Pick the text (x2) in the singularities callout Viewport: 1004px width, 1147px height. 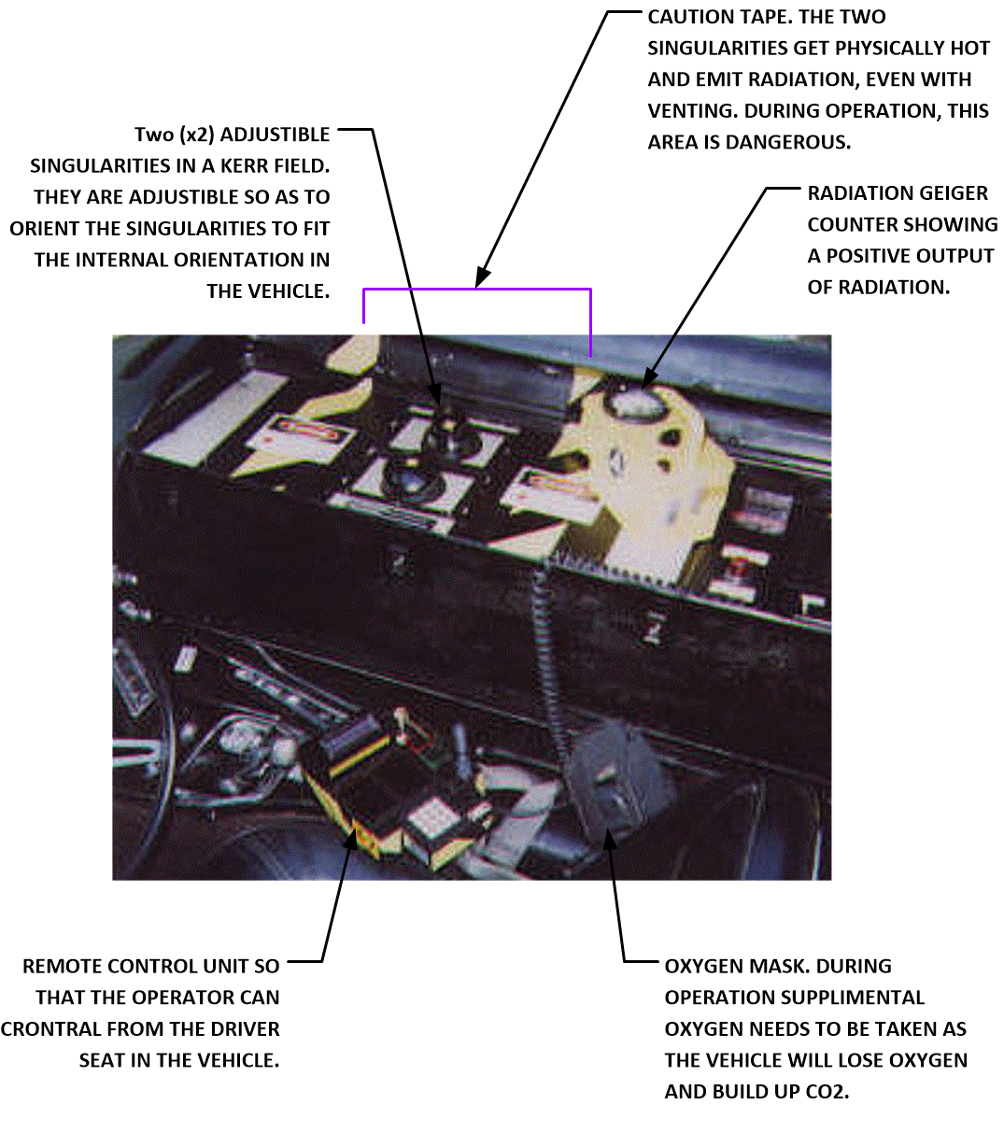[x=197, y=135]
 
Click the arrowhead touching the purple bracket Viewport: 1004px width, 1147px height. [x=483, y=278]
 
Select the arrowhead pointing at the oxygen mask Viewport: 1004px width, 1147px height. [x=610, y=841]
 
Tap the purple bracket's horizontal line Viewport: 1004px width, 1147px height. [x=477, y=290]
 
